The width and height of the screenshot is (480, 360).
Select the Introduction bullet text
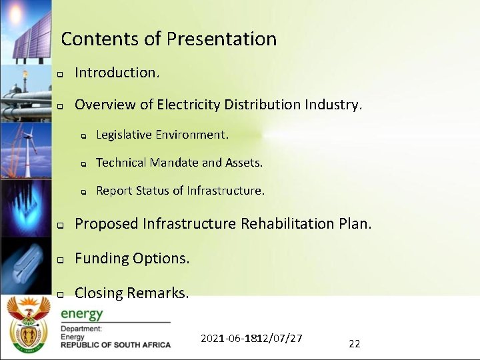[x=117, y=73]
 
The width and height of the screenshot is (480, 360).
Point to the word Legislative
[x=124, y=135]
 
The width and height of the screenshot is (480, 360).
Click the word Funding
[x=101, y=258]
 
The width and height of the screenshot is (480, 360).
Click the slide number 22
[x=355, y=344]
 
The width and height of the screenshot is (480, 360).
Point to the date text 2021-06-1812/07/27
[x=251, y=339]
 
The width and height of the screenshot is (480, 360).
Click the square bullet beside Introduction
[x=59, y=73]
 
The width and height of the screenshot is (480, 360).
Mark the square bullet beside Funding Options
[x=59, y=259]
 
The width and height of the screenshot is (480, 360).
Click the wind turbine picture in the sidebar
[x=26, y=150]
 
